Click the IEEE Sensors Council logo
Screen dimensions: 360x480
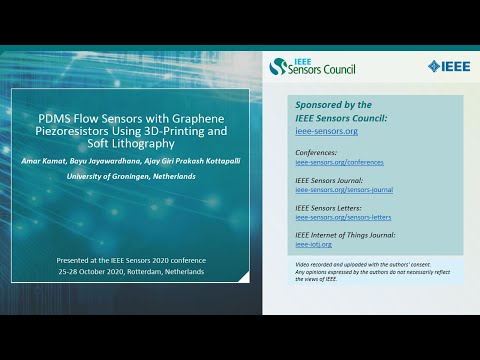(x=312, y=67)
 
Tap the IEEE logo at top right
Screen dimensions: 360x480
(x=446, y=67)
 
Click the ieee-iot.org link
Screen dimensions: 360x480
(x=314, y=243)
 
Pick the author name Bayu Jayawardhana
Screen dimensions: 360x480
(x=121, y=161)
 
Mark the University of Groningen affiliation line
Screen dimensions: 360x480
(x=130, y=177)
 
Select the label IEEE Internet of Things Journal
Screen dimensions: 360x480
(x=344, y=233)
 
